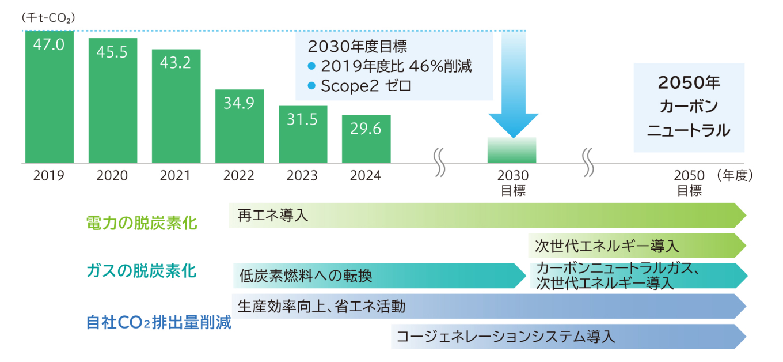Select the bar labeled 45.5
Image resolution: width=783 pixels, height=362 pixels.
point(113,100)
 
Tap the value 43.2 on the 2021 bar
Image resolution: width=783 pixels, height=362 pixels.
point(176,63)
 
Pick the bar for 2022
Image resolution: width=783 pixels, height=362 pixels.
point(240,126)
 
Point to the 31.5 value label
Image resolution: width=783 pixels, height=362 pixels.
point(303,119)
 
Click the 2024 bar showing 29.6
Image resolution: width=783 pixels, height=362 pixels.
point(366,139)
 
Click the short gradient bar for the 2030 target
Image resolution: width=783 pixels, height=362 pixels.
point(512,150)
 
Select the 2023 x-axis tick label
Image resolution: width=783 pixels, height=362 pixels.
point(303,176)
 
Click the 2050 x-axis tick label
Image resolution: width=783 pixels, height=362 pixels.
point(689,176)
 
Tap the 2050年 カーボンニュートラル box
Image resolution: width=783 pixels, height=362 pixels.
point(689,107)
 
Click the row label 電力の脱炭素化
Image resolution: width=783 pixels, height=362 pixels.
point(141,223)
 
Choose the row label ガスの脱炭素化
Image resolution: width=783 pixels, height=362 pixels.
point(141,270)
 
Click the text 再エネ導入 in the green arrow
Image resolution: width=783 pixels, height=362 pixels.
point(272,216)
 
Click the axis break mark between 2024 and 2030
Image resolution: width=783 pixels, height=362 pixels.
point(439,163)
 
